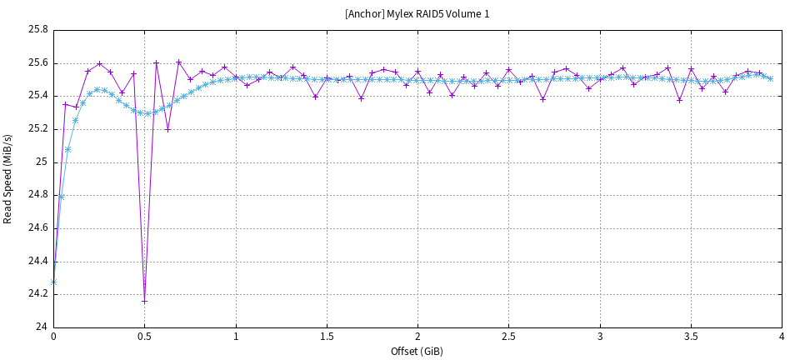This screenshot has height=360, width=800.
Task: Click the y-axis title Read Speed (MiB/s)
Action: (8, 178)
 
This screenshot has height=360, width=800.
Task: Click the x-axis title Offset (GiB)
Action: (417, 351)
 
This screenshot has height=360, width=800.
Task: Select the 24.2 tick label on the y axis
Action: (38, 293)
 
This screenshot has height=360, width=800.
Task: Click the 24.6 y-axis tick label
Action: (38, 227)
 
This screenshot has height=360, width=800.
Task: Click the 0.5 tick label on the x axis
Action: (144, 337)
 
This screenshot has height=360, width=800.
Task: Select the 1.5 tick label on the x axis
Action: (327, 337)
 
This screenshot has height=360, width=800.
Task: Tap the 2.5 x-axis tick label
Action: (508, 337)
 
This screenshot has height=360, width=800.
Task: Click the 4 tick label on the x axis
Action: (782, 337)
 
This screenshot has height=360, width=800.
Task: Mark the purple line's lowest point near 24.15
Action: (144, 301)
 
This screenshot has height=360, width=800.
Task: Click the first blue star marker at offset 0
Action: (53, 282)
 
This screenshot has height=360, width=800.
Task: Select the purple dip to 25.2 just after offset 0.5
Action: (167, 129)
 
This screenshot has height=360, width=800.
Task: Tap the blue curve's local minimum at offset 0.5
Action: (147, 113)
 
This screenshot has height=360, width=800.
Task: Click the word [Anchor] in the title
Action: (362, 14)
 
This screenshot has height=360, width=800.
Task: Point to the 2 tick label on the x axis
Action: (417, 337)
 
